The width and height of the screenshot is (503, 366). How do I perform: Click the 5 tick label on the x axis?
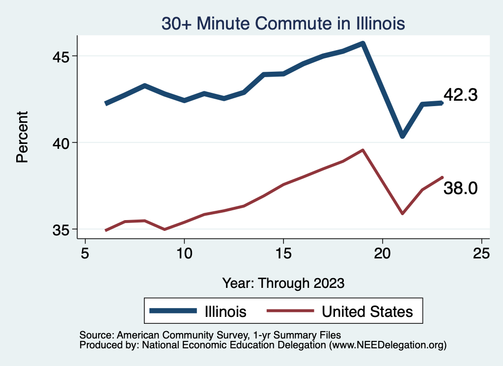[x=85, y=253]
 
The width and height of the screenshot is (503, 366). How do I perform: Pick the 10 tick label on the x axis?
[x=184, y=253]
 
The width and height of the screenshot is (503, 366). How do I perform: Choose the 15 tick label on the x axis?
[x=283, y=253]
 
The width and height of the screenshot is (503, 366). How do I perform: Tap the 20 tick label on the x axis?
[x=382, y=253]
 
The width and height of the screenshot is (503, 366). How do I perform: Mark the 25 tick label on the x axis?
[x=481, y=253]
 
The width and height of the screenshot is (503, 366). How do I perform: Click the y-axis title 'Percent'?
[x=22, y=137]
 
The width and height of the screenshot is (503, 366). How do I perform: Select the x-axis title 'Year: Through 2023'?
[x=283, y=283]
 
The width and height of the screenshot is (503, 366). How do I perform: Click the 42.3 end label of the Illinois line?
[x=460, y=95]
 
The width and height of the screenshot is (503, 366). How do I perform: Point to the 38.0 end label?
[x=460, y=188]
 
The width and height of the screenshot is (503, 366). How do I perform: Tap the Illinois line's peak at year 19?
[x=363, y=43]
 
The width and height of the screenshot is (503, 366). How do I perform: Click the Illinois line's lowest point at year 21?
[x=402, y=136]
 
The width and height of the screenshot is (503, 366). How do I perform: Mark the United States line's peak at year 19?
[x=363, y=150]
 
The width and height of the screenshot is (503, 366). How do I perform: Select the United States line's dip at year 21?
[x=402, y=214]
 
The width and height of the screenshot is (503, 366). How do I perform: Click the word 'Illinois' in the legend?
[x=222, y=311]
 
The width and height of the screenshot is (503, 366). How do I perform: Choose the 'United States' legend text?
[x=367, y=311]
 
